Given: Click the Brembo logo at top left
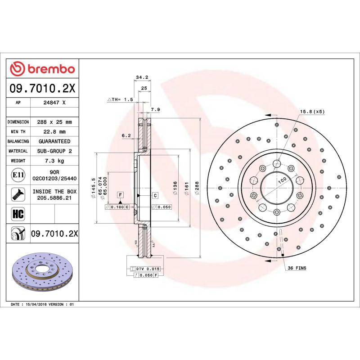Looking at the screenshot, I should pyautogui.click(x=43, y=69).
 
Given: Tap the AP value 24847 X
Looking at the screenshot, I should pyautogui.click(x=54, y=103).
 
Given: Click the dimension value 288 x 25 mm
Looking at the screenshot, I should pyautogui.click(x=54, y=122).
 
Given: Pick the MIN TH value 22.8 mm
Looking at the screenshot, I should pyautogui.click(x=54, y=132).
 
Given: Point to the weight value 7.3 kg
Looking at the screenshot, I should pyautogui.click(x=54, y=161).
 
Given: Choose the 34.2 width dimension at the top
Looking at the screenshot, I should pyautogui.click(x=142, y=78).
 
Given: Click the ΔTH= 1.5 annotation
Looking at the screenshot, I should pyautogui.click(x=120, y=99).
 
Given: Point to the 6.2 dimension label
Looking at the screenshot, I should pyautogui.click(x=126, y=135).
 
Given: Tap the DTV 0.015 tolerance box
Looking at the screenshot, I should pyautogui.click(x=148, y=269).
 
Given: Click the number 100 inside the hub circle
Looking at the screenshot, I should pyautogui.click(x=282, y=180).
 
